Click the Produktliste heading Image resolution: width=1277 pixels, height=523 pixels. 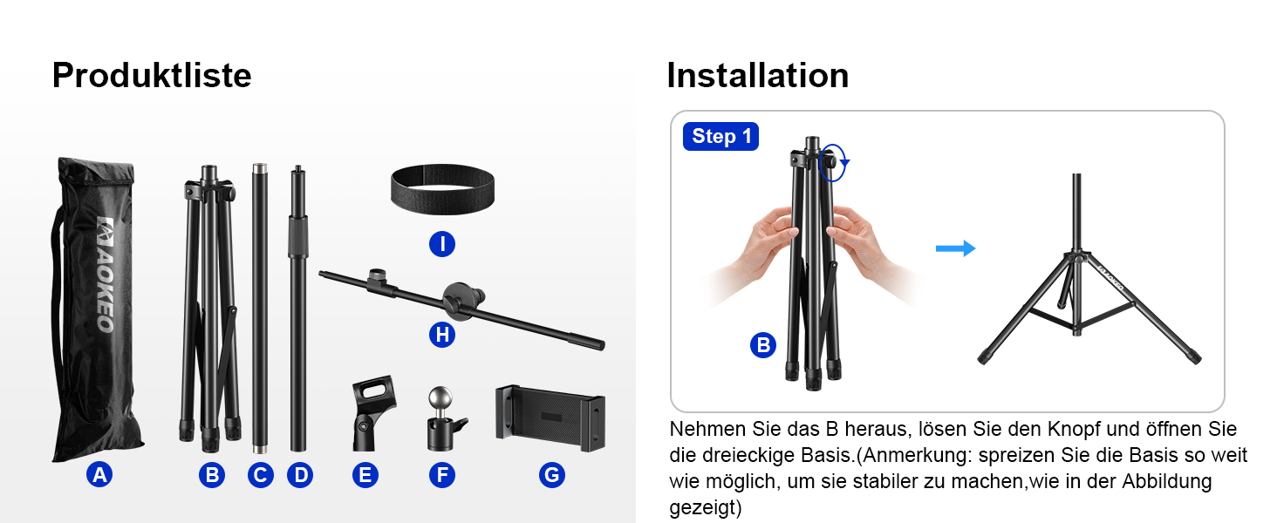tap(152, 75)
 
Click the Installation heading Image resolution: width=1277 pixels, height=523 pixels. tap(758, 75)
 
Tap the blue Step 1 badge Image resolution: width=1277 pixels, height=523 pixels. tap(720, 136)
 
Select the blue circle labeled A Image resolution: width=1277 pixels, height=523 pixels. tap(99, 474)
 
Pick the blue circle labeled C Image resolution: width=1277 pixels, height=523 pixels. tap(261, 474)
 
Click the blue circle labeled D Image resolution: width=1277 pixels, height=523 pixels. tap(300, 474)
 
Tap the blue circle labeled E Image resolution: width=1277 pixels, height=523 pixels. tap(365, 474)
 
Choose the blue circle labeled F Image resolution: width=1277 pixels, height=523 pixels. tap(442, 474)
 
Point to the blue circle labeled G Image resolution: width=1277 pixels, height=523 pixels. tap(552, 474)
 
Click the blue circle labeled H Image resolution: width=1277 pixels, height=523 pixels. tap(442, 335)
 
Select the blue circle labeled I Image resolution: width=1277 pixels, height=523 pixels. tap(442, 244)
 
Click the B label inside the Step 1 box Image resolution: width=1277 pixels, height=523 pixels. tap(762, 345)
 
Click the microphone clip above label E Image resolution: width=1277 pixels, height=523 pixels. tap(372, 413)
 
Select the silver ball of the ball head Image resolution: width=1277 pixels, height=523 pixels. tap(440, 398)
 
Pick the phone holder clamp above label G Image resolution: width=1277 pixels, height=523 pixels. tap(550, 418)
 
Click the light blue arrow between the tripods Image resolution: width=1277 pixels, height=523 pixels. tap(955, 248)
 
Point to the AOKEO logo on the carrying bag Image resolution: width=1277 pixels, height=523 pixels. tap(106, 274)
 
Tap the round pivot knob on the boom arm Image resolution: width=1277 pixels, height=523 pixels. tap(461, 300)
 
